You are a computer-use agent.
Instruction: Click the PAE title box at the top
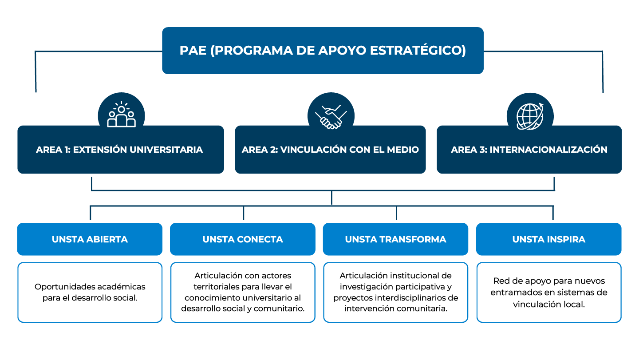(323, 50)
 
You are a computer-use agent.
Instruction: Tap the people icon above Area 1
(121, 115)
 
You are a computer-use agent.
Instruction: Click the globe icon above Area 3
(530, 115)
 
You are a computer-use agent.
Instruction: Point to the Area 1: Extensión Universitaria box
(120, 150)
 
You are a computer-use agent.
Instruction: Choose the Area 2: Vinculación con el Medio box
(330, 150)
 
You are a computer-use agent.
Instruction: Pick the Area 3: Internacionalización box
(529, 150)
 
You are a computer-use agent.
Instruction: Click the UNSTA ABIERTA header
(90, 239)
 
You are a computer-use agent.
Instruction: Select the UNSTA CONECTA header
(243, 239)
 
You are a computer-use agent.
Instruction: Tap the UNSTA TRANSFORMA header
(395, 239)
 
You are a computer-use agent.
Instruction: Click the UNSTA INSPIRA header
(548, 239)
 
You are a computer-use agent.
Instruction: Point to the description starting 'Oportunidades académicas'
(90, 292)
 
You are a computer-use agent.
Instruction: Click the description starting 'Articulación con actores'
(243, 292)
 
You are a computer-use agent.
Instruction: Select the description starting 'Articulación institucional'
(395, 292)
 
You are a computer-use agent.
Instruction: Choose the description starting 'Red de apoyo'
(548, 292)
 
